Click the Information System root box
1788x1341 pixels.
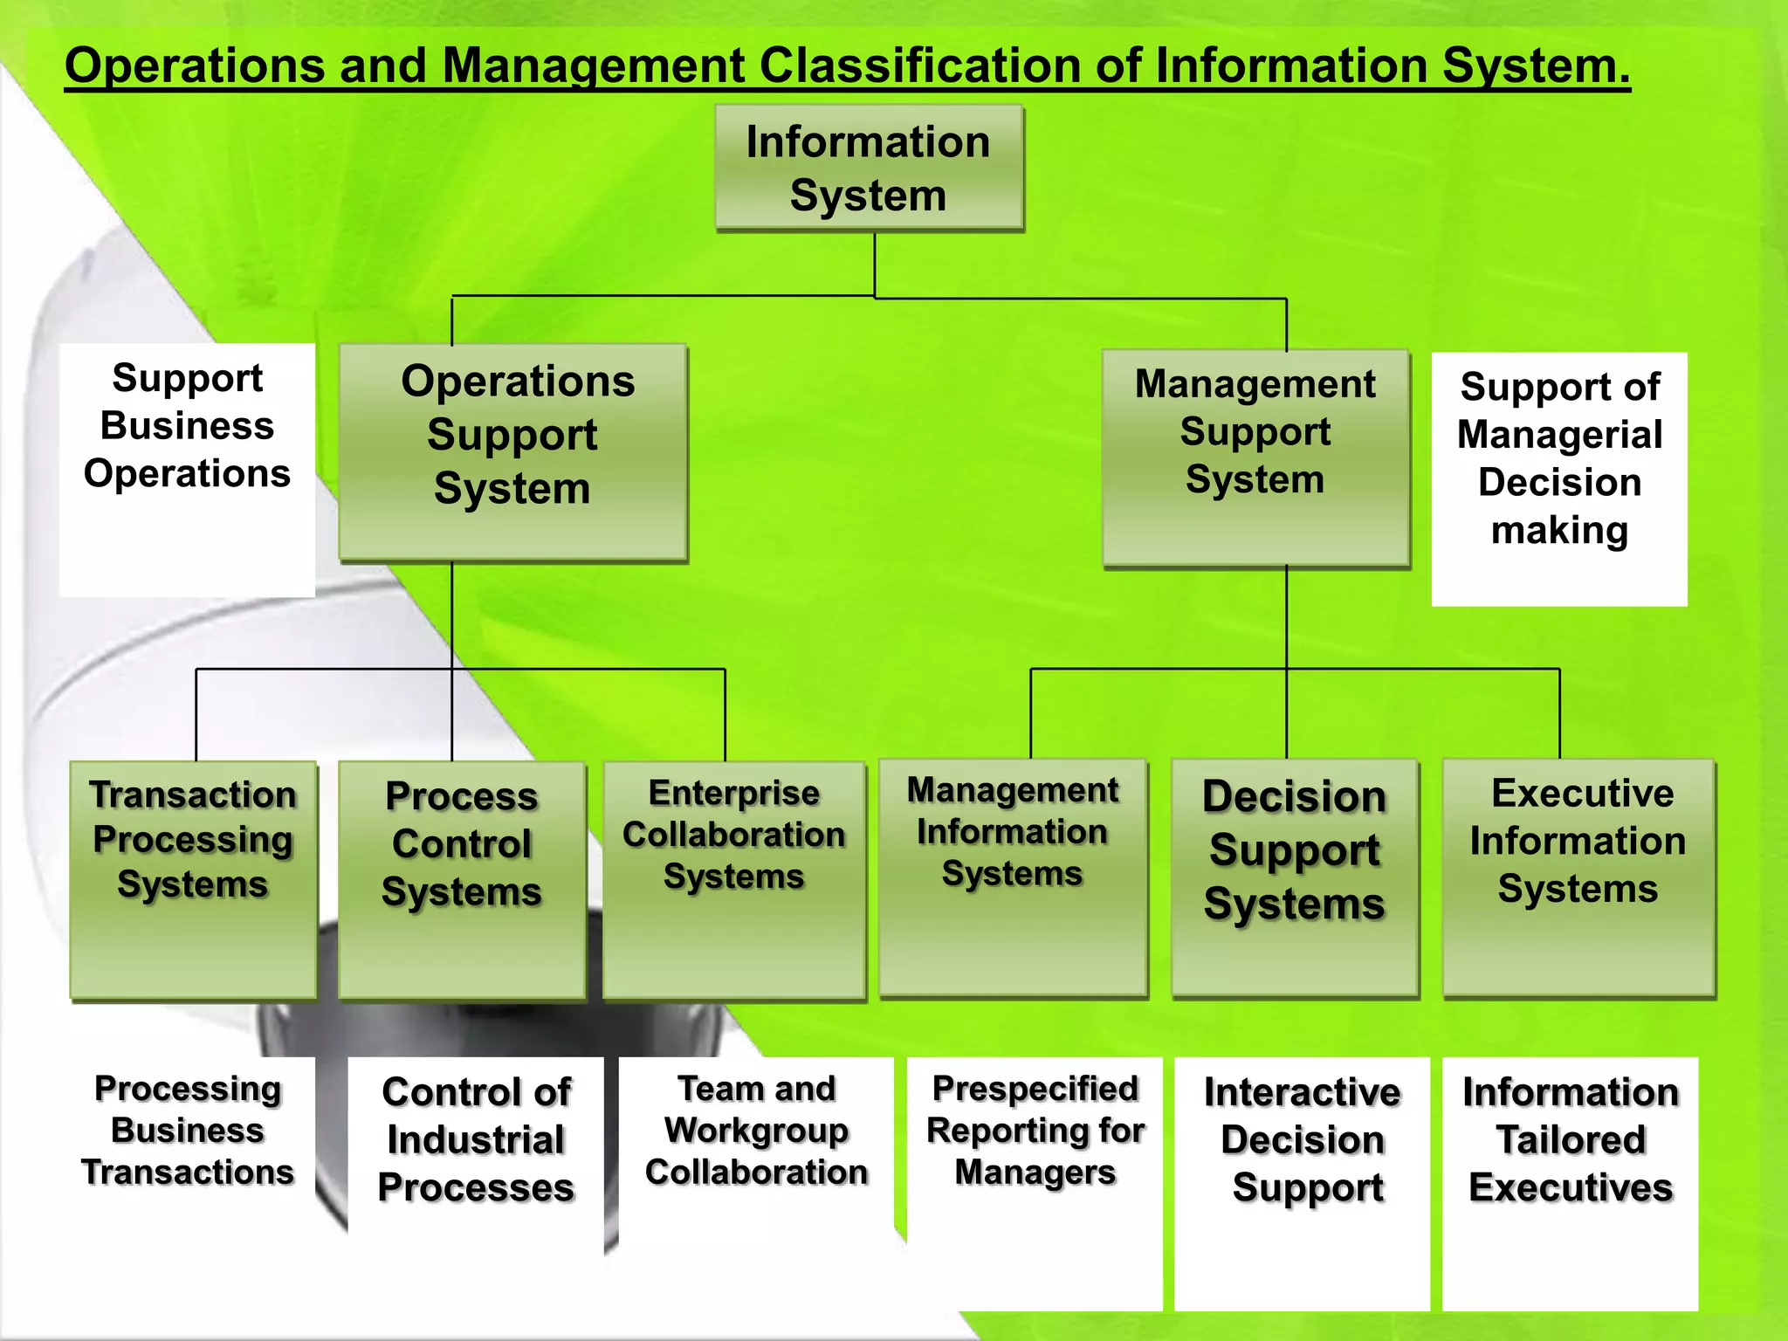869,168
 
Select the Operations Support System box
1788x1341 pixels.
512,451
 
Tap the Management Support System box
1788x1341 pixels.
1255,457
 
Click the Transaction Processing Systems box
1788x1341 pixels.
193,879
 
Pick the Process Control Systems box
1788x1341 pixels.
462,879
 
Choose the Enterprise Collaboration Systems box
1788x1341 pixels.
734,879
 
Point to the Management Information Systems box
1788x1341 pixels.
1013,877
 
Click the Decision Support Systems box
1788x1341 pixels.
1295,877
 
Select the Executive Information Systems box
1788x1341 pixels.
1578,877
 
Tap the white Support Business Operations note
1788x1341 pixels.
187,469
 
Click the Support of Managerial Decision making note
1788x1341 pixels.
1559,478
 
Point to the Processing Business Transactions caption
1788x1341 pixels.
188,1130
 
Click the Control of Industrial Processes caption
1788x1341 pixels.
476,1140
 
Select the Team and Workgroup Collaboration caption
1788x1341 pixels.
756,1131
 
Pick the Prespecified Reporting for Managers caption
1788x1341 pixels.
1035,1131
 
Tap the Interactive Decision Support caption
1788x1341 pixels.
1302,1140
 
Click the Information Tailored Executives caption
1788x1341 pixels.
1570,1140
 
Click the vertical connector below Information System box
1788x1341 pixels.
875,264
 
